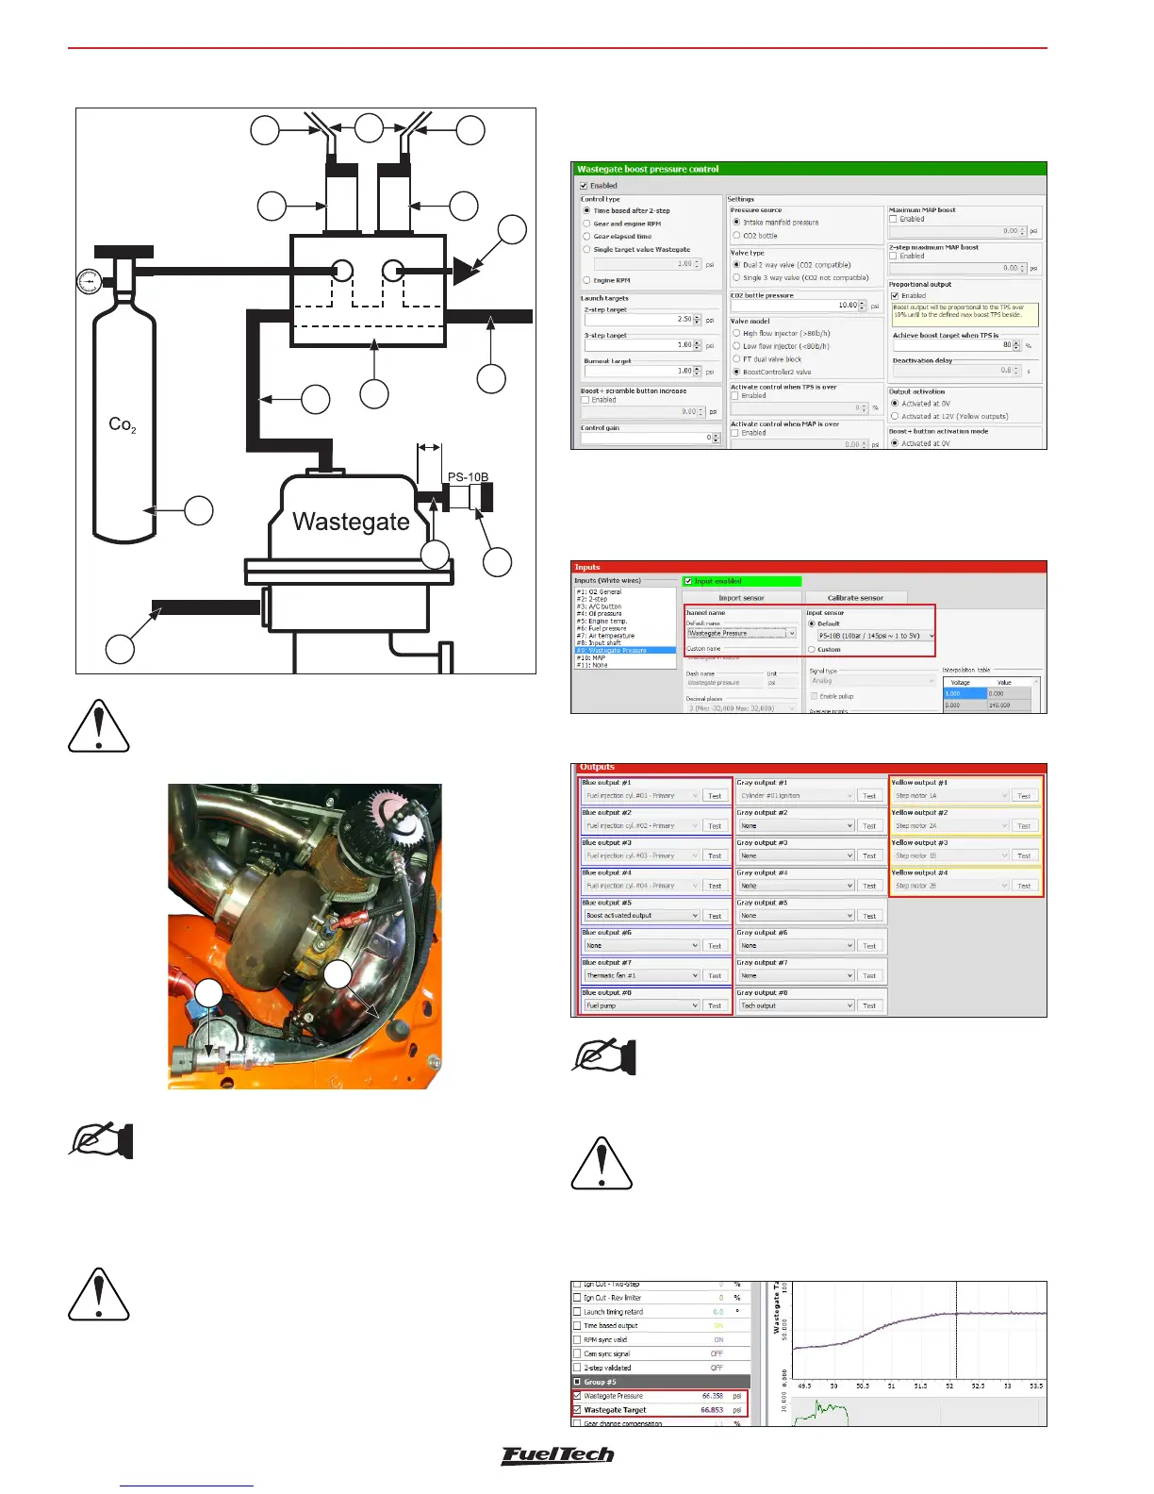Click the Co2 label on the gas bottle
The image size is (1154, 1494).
pyautogui.click(x=123, y=424)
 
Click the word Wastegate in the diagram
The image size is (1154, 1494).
pyautogui.click(x=351, y=522)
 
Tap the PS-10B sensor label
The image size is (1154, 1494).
pyautogui.click(x=468, y=477)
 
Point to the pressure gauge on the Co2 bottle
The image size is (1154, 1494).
pyautogui.click(x=88, y=281)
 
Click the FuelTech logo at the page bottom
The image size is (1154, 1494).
pyautogui.click(x=557, y=1455)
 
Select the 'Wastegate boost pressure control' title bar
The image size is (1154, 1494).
pyautogui.click(x=808, y=169)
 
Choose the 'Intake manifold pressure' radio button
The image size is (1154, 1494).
pyautogui.click(x=736, y=223)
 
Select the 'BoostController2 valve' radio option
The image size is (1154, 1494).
pyautogui.click(x=736, y=372)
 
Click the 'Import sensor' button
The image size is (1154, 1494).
pyautogui.click(x=741, y=598)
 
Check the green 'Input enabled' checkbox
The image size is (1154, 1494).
pyautogui.click(x=689, y=581)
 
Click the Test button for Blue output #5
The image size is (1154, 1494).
pyautogui.click(x=715, y=916)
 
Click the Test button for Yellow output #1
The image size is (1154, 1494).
pyautogui.click(x=1024, y=796)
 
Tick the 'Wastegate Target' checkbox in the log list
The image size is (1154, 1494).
pyautogui.click(x=577, y=1410)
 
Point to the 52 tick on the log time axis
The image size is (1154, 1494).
pyautogui.click(x=949, y=1386)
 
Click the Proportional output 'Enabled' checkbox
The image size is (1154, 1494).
pyautogui.click(x=895, y=296)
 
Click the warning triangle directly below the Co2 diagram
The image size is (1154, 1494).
pyautogui.click(x=99, y=726)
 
